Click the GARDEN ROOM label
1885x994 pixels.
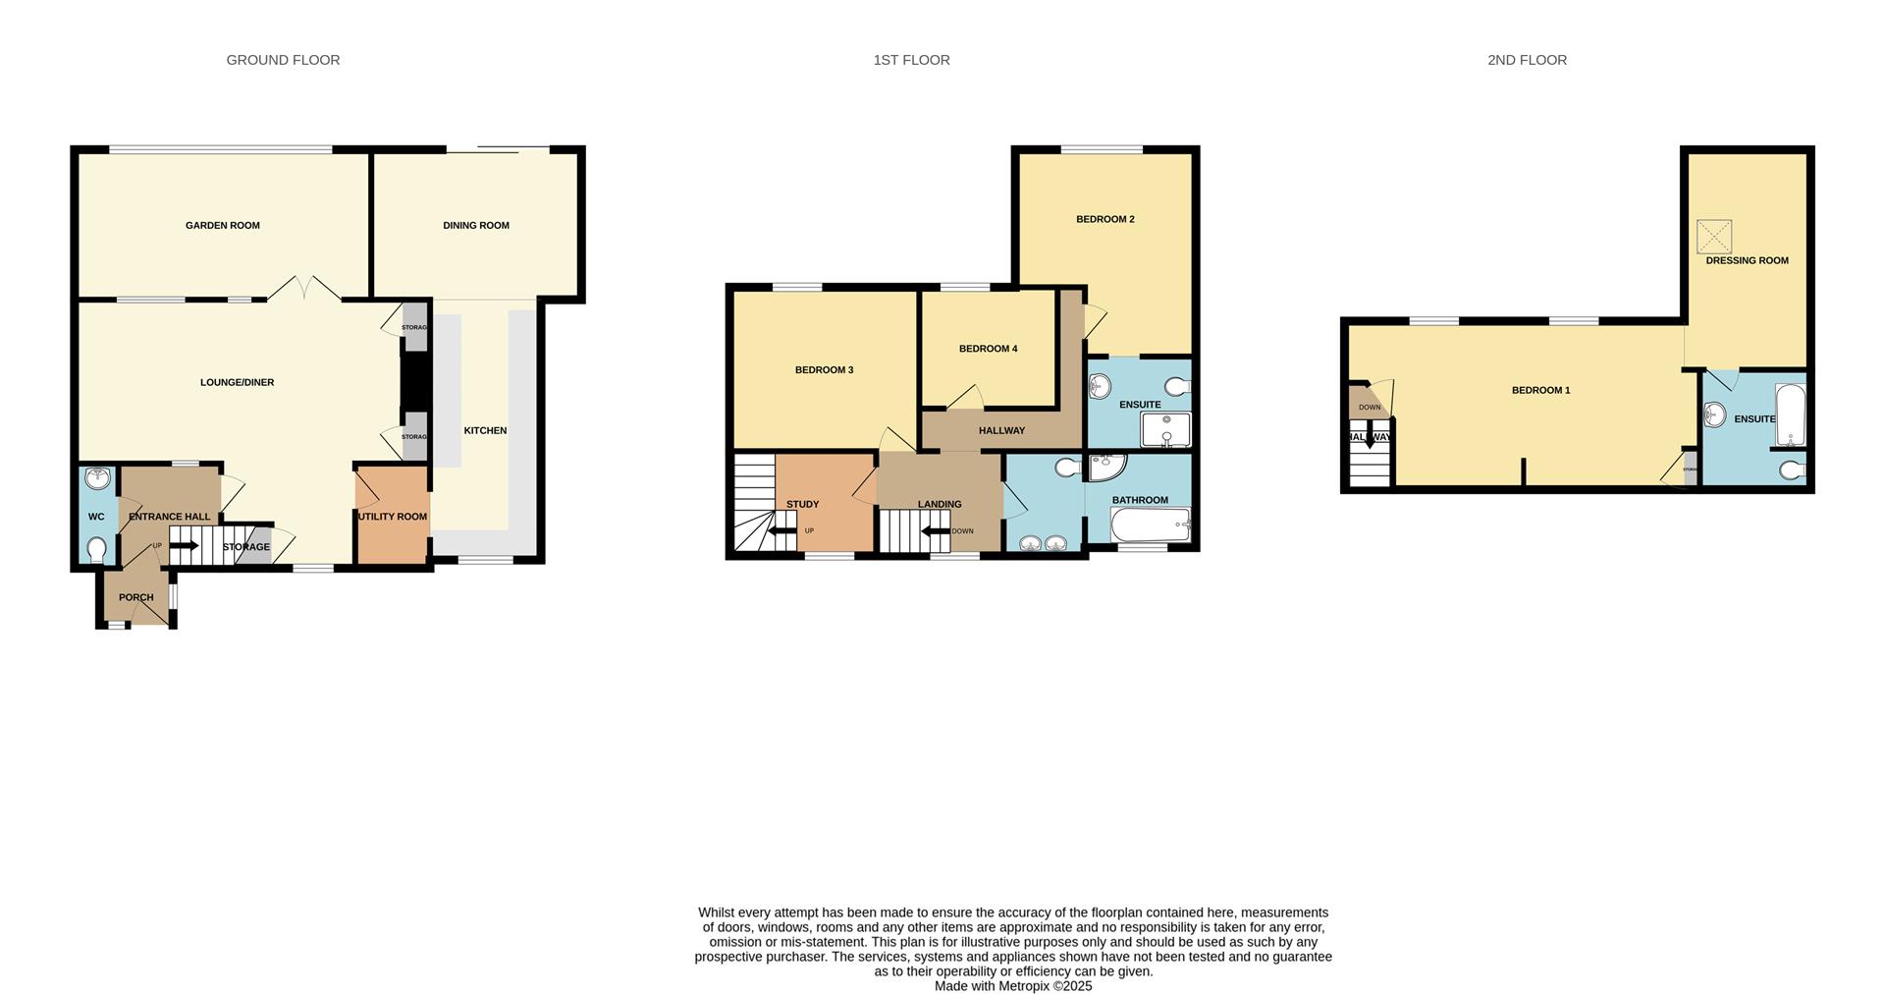(x=223, y=226)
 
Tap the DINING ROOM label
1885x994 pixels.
(x=476, y=226)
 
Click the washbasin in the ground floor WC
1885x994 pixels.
(x=97, y=479)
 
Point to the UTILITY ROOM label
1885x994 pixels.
(x=392, y=517)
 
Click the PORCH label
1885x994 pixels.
(x=135, y=597)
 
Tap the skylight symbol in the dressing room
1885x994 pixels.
(x=1714, y=237)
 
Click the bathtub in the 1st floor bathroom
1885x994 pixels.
(x=1150, y=525)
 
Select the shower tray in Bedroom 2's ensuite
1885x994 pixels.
(x=1165, y=430)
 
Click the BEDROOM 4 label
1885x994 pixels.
(x=988, y=349)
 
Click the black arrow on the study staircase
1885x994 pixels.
(x=782, y=531)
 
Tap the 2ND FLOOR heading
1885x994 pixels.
(x=1527, y=60)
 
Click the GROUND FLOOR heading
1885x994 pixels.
(x=283, y=60)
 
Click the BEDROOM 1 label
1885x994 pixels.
(x=1540, y=390)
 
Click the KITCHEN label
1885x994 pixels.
(x=485, y=430)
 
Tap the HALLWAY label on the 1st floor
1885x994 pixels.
(x=1001, y=430)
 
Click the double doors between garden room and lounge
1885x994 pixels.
(x=305, y=289)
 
